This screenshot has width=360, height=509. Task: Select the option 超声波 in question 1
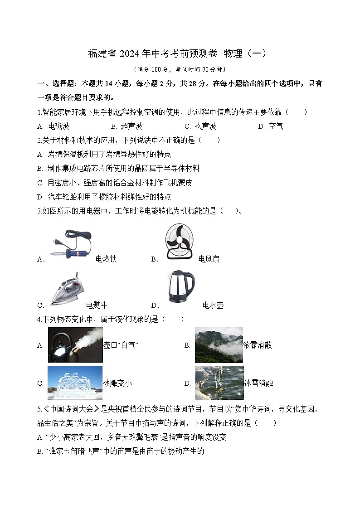[x=132, y=126]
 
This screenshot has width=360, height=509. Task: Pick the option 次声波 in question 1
[x=205, y=126]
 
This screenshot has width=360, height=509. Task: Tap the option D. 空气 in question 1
[x=271, y=126]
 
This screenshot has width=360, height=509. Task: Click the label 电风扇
[x=209, y=259]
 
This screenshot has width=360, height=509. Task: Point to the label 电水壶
[x=213, y=305]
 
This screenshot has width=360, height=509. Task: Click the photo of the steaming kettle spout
[x=75, y=345]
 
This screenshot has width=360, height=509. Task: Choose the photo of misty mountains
[x=219, y=345]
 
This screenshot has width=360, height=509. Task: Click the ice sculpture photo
[x=75, y=383]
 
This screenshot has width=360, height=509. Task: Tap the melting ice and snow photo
[x=219, y=383]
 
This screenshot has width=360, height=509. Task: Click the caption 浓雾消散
[x=258, y=345]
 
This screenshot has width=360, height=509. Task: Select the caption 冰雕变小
[x=117, y=383]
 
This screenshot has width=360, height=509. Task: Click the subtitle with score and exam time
[x=180, y=69]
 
